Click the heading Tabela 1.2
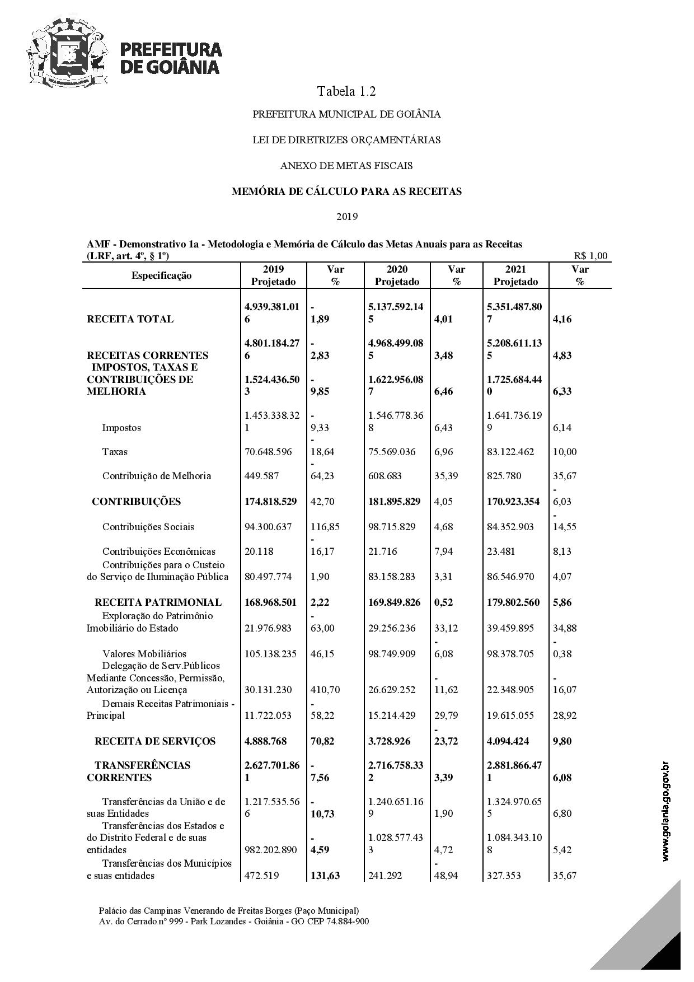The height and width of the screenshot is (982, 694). [346, 91]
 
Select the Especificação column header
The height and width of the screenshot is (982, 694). [161, 275]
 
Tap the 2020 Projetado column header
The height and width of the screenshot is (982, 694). [397, 275]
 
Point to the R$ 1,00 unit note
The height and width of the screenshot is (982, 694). [590, 256]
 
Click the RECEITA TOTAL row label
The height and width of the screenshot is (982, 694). [130, 319]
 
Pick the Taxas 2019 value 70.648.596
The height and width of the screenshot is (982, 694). [268, 452]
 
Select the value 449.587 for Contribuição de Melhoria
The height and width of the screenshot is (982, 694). [261, 476]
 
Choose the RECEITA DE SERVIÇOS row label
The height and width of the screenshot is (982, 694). [155, 741]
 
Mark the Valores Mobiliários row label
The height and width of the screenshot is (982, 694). [144, 654]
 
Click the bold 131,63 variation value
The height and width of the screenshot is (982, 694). [325, 876]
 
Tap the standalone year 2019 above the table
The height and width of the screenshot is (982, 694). [347, 217]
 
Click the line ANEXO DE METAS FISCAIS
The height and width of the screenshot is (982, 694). [346, 166]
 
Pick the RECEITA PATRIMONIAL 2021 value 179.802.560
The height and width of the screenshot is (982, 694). [513, 602]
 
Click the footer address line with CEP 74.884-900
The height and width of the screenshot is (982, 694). [234, 922]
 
